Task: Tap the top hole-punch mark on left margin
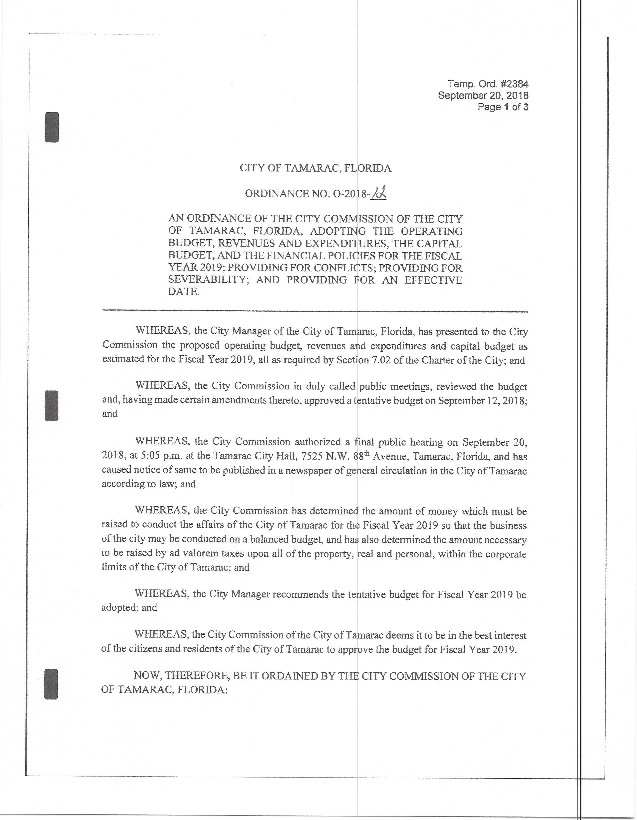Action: coord(52,127)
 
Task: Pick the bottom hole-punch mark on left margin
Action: coord(52,684)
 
